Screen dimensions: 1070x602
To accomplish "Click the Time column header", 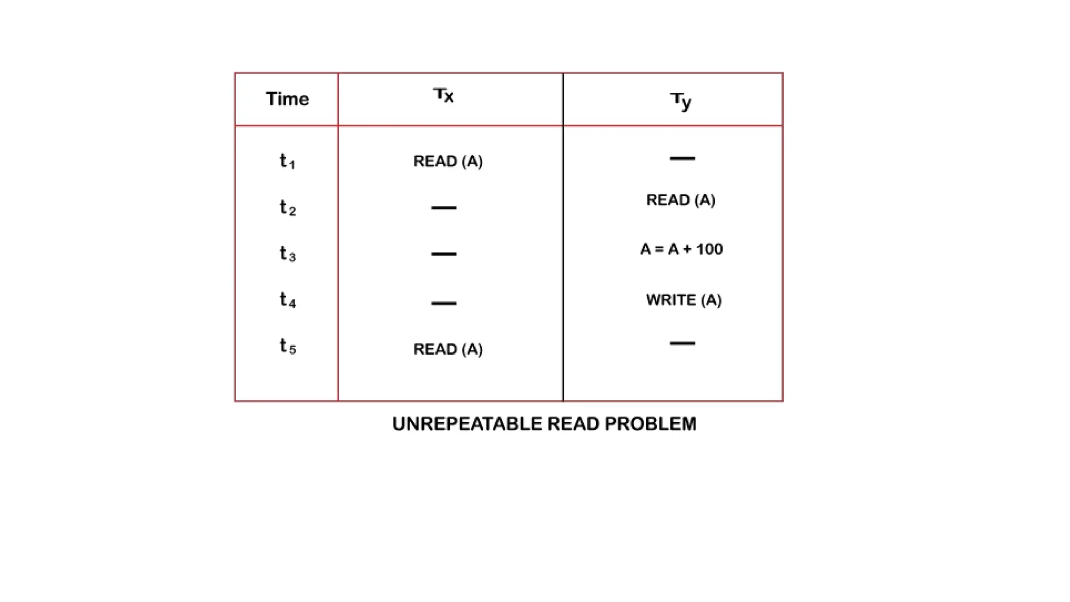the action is [x=287, y=99].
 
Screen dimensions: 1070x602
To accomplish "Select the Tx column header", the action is [x=444, y=96].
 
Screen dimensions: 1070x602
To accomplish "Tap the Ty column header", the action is [x=681, y=100].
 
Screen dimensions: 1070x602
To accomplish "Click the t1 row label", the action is [x=287, y=161].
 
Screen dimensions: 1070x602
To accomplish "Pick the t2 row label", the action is [x=287, y=207].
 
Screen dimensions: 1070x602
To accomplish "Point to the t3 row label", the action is [x=287, y=253].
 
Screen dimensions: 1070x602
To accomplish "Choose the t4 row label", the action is [x=287, y=300].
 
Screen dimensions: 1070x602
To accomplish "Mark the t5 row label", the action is [x=287, y=346].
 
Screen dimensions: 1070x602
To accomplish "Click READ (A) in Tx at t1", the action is [x=448, y=161].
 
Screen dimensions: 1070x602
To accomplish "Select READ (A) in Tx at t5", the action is [x=448, y=349].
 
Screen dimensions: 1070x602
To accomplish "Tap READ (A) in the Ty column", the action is [x=680, y=200].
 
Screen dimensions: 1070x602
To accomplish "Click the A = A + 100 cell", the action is [x=681, y=249].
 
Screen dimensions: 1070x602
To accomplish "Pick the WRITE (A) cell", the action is [x=683, y=300].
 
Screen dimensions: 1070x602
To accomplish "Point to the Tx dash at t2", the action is [x=444, y=208].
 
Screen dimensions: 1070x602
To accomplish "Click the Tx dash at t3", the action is [x=444, y=254].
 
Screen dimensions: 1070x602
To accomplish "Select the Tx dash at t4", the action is [x=444, y=303].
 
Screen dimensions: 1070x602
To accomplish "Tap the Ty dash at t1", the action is [x=682, y=158].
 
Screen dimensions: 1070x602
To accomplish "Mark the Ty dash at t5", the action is [x=682, y=343].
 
